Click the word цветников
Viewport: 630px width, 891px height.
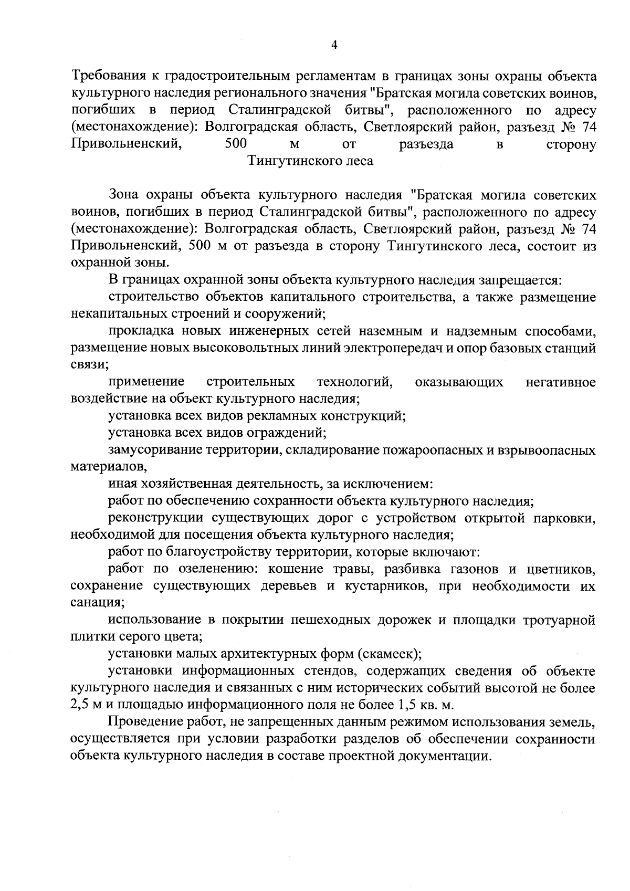[561, 569]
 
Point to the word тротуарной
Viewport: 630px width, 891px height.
[559, 620]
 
